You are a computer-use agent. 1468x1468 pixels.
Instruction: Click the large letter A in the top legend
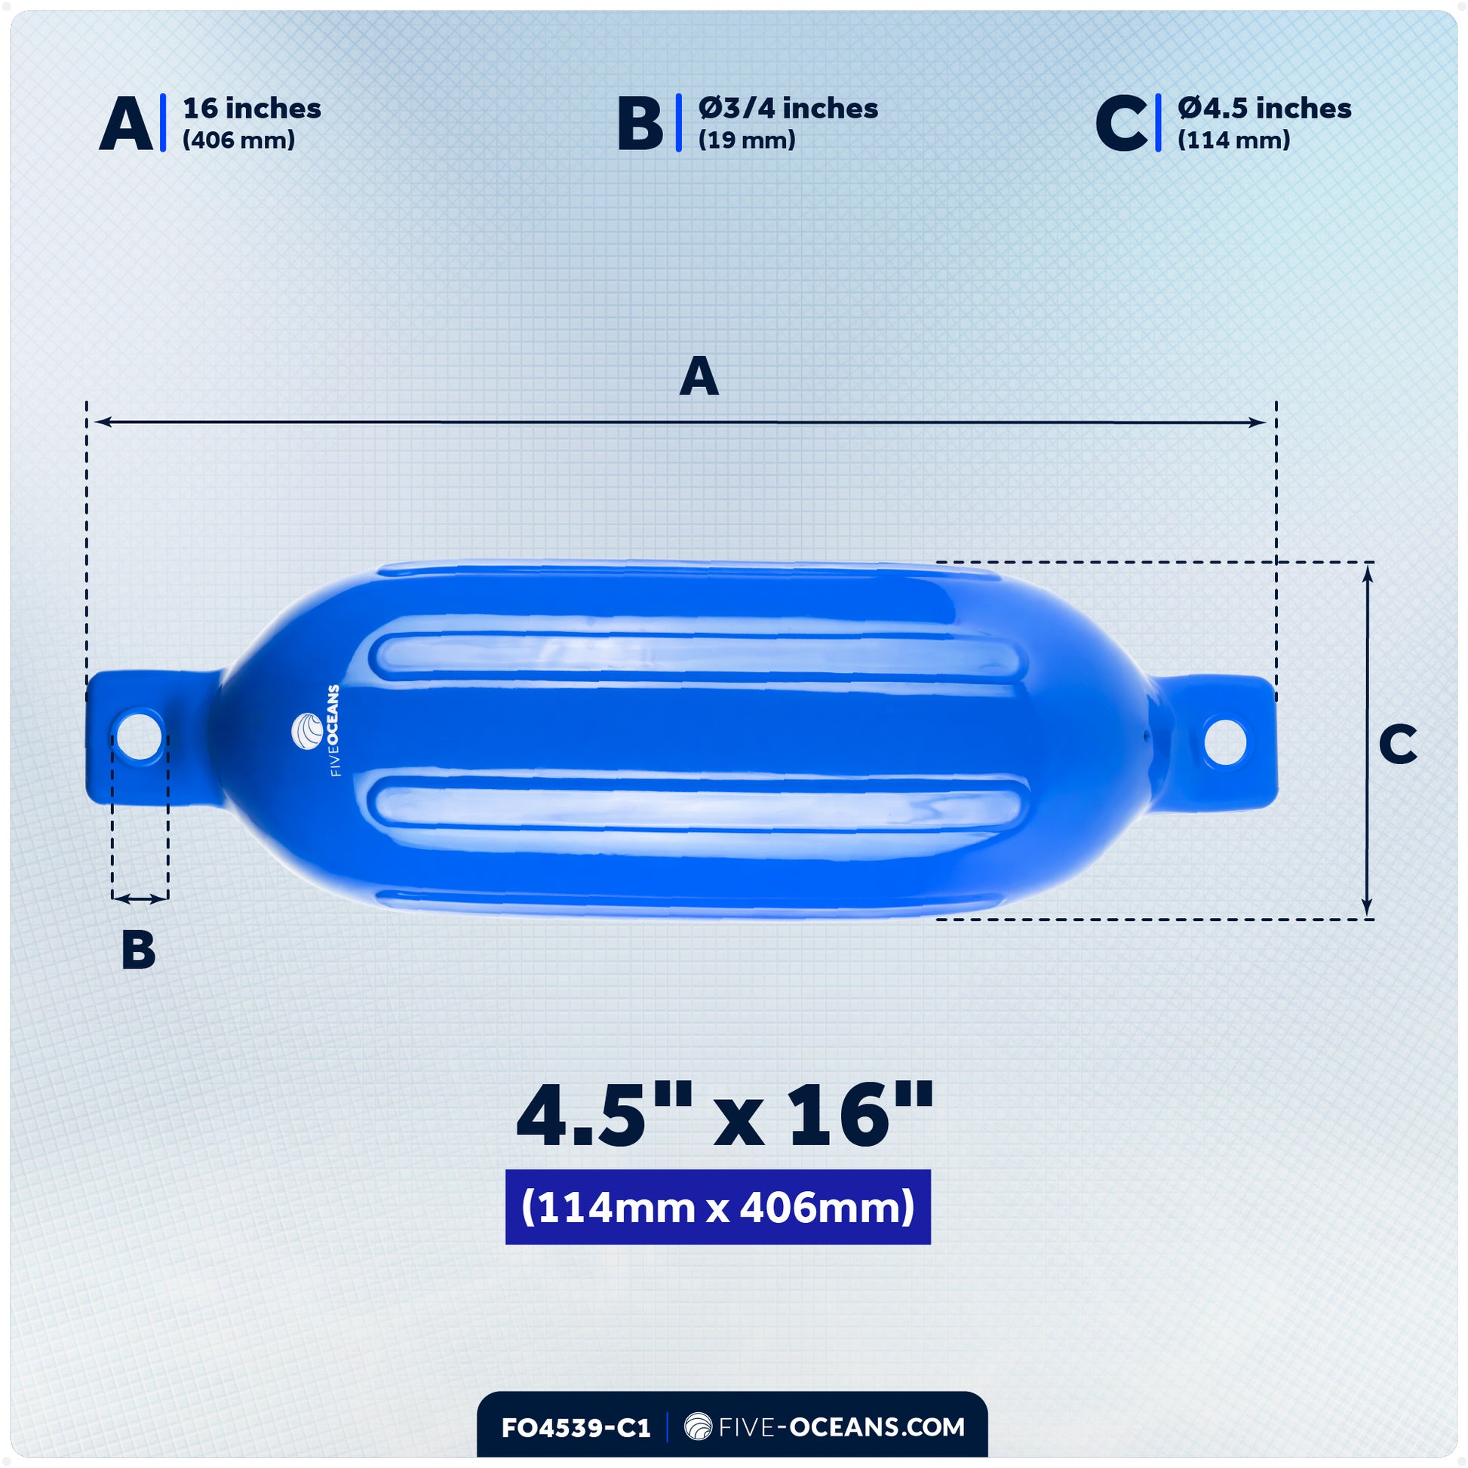coord(126,124)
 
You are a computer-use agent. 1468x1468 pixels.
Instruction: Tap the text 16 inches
coord(251,109)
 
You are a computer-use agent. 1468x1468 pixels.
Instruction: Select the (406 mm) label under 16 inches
coord(238,140)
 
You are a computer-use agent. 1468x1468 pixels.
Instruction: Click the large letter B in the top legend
coord(640,124)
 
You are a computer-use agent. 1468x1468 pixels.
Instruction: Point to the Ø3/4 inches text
coord(788,109)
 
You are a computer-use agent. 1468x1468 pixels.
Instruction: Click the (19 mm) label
coord(746,140)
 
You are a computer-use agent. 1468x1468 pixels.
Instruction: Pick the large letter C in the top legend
coord(1121,124)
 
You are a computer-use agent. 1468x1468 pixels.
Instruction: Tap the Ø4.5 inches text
coord(1264,109)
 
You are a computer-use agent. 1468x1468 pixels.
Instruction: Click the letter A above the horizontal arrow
coord(699,377)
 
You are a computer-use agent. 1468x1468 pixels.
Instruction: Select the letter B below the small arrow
coord(138,949)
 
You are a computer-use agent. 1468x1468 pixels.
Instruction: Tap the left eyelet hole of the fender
coord(139,734)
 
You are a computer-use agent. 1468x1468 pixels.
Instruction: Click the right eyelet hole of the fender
coord(1225,740)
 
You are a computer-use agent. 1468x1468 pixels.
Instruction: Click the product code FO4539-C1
coord(575,1428)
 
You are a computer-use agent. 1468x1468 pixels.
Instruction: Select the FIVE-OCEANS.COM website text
coord(825,1427)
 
